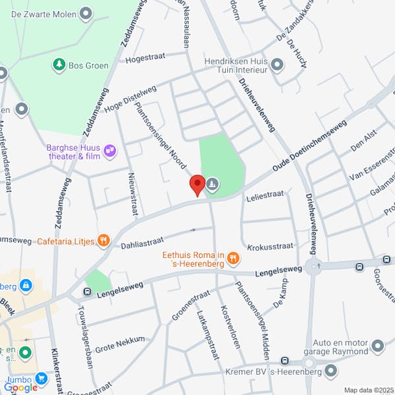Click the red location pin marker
pos(197,185)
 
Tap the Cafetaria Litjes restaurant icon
pos(103,241)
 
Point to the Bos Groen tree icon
pos(59,65)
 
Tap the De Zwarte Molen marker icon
pos(85,13)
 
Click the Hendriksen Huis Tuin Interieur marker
pos(276,65)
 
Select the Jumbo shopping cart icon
pos(42,378)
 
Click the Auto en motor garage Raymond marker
pos(377,346)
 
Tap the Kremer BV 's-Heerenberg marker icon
pos(330,373)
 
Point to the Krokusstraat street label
pos(270,247)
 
